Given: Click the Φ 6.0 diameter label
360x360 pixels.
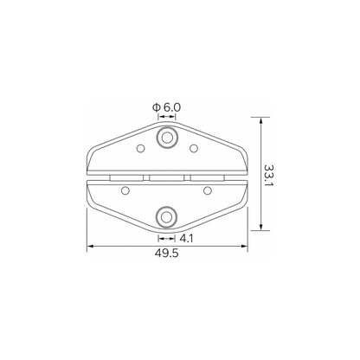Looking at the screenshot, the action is [166, 107].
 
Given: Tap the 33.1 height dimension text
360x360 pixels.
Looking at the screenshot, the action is [269, 176].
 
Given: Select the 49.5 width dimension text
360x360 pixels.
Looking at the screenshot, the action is [167, 254].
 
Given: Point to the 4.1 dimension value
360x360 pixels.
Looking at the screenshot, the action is [186, 239].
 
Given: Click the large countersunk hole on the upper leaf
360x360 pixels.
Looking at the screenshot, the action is [167, 138].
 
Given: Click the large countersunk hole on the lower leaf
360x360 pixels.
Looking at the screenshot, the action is [166, 217].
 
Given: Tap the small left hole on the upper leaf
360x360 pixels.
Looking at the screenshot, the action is [140, 148].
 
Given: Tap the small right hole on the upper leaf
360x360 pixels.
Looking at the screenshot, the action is [194, 148].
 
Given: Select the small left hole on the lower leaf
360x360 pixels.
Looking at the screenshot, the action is [125, 190].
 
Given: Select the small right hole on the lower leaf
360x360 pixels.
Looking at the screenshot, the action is [208, 190].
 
